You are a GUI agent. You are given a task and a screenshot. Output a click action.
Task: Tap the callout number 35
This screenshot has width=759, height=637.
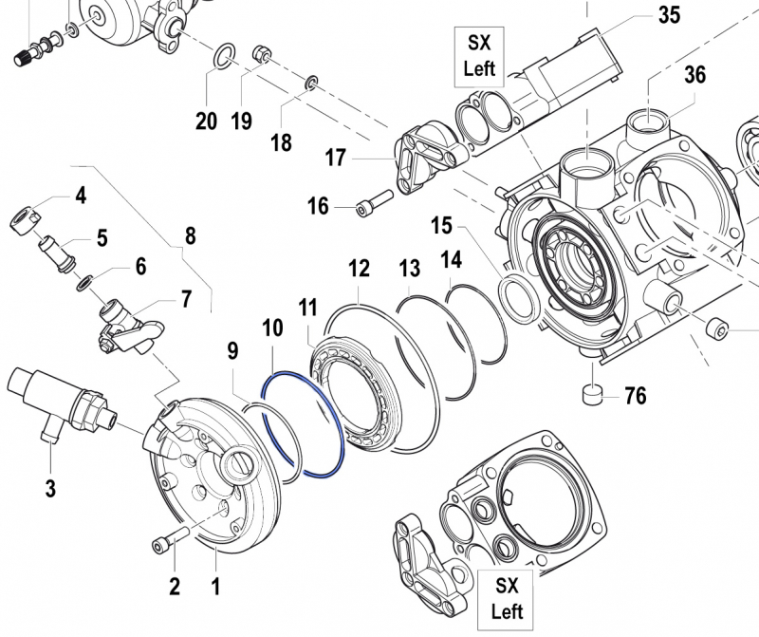[x=669, y=16]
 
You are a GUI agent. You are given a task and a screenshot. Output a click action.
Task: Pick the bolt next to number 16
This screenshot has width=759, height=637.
[x=375, y=204]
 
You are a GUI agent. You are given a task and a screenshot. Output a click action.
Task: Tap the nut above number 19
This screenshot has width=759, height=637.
[x=262, y=55]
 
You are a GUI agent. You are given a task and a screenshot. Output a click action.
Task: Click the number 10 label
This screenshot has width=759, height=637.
[x=272, y=328]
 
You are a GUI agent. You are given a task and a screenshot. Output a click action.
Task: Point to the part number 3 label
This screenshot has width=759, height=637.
[x=49, y=489]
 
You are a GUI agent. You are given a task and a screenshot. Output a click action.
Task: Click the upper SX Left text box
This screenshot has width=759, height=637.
[x=480, y=55]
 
